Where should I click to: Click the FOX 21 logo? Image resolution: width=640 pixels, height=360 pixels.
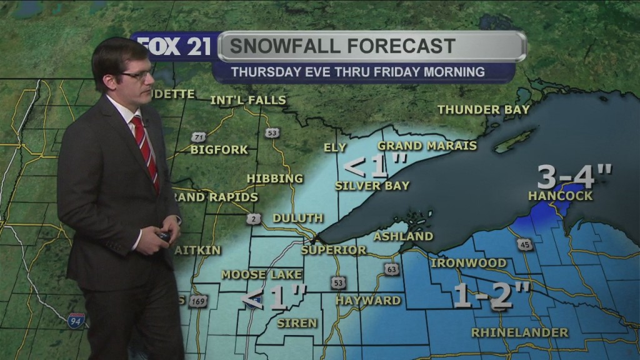point(175,47)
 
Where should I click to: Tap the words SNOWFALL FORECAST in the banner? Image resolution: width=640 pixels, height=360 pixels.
point(342,46)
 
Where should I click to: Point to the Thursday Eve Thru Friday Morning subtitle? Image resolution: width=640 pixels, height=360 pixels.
point(357,72)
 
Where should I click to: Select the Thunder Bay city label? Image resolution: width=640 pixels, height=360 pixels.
point(483,109)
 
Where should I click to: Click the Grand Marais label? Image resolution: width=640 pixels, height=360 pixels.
point(427,146)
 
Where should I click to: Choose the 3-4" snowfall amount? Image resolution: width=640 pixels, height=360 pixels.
point(574,177)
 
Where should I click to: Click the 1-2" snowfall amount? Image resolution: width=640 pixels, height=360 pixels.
point(492,295)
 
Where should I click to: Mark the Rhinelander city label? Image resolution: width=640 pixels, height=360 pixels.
point(520,332)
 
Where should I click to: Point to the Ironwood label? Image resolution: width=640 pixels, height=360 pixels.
point(468,263)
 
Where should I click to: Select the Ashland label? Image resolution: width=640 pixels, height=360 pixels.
point(403,236)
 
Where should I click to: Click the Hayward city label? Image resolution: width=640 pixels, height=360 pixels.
point(368,301)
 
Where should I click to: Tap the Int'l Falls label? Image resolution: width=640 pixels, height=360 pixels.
point(248,100)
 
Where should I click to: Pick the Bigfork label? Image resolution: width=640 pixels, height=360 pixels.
point(219,150)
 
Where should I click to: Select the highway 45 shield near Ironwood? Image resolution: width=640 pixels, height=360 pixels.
point(525,244)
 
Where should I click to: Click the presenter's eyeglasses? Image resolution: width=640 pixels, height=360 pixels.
point(137,75)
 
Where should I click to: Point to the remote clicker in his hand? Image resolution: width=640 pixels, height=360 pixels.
point(163,236)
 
